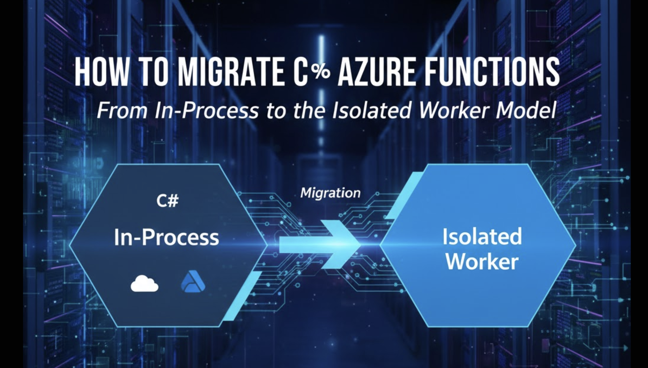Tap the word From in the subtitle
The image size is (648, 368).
click(122, 111)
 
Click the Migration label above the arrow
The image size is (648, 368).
click(330, 193)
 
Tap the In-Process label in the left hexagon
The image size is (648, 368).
click(166, 237)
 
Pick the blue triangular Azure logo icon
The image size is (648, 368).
click(193, 281)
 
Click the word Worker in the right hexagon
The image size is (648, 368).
click(482, 261)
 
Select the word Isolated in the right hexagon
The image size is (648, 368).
click(482, 236)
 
